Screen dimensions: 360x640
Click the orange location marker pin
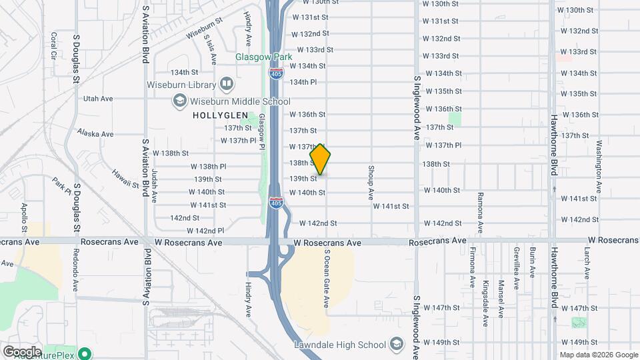coord(321,159)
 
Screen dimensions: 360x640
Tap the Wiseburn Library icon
coord(227,85)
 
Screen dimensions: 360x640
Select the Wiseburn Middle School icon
coord(179,101)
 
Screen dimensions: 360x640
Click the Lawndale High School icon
coord(397,345)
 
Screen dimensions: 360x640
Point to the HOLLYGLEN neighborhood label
coord(215,115)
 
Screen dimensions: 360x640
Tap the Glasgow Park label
coord(264,57)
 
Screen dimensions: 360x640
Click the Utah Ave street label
coord(98,98)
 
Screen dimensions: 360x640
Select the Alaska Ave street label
coord(95,133)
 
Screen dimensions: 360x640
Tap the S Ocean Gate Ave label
coord(327,279)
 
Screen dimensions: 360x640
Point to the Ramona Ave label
coord(479,213)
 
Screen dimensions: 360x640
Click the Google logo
coord(21,351)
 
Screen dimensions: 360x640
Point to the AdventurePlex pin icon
coord(85,353)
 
